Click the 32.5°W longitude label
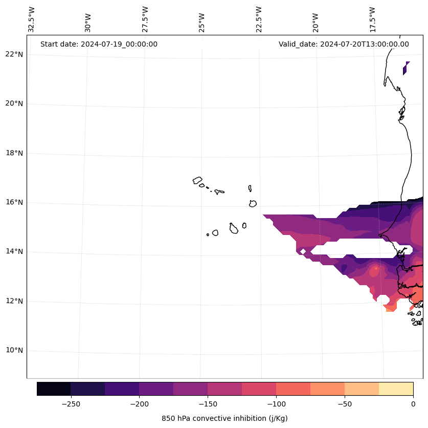32,19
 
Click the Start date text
99,44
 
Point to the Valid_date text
344,44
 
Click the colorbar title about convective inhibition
224,418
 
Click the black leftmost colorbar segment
54,389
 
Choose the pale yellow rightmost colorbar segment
396,389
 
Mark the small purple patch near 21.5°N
406,68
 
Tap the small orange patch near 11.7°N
390,307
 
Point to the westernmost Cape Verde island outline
197,180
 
